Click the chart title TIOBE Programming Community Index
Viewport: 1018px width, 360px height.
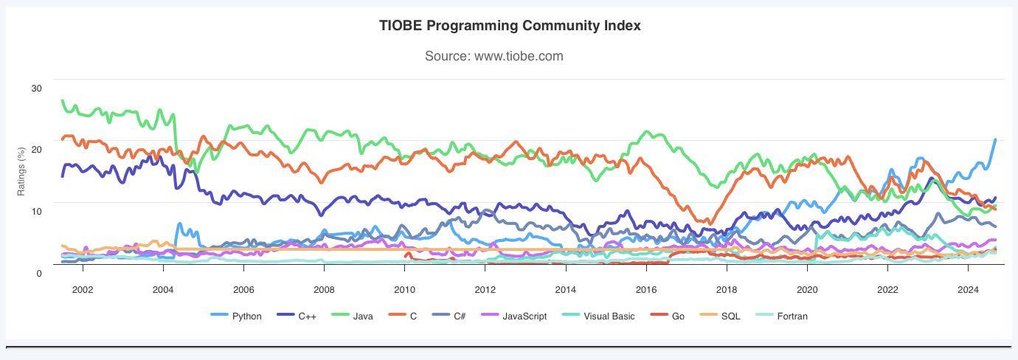[x=510, y=26]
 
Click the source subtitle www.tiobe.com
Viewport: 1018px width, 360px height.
[x=494, y=56]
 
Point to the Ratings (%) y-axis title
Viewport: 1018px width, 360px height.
[x=21, y=171]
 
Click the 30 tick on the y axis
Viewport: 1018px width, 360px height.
[x=37, y=88]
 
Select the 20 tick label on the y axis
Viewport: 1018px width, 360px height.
[x=37, y=150]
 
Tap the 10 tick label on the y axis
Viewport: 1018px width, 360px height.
[x=37, y=211]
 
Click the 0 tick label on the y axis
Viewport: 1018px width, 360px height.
[x=39, y=273]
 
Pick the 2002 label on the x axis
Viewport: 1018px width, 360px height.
[x=83, y=289]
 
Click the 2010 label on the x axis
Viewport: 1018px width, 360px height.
[x=404, y=289]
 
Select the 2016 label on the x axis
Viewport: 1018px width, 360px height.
[x=645, y=289]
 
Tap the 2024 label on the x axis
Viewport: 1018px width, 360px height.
[x=968, y=289]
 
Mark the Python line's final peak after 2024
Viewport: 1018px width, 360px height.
[x=995, y=139]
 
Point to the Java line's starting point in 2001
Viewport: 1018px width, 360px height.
[x=63, y=100]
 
